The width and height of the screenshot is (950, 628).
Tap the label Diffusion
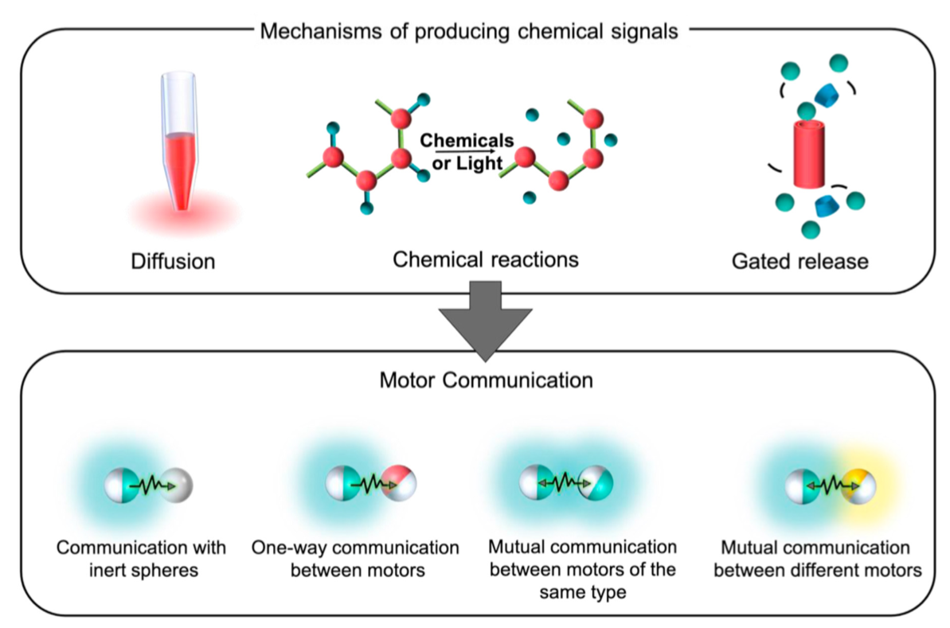174,261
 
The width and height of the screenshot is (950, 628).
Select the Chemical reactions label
485,259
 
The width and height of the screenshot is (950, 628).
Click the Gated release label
799,261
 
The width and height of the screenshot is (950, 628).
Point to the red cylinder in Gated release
809,154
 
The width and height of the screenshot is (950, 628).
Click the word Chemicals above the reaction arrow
467,141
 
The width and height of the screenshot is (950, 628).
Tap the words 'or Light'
467,163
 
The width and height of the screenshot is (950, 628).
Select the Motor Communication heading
486,380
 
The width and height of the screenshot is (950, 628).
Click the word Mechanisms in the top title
321,31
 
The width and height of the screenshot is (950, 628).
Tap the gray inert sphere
177,485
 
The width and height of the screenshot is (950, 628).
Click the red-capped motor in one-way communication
399,482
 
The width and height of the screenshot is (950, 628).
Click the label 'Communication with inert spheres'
141,559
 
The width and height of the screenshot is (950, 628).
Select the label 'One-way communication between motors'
356,559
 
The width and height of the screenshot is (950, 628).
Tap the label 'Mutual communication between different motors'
817,559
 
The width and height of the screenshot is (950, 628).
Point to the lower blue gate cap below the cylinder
826,205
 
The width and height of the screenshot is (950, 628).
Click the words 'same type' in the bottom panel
583,591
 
